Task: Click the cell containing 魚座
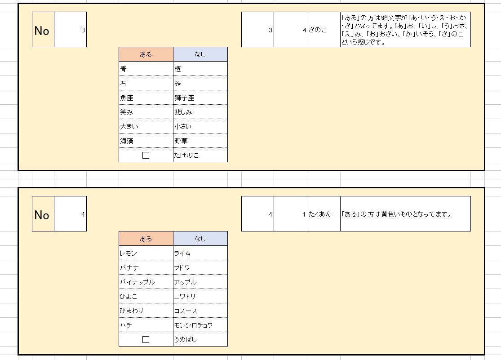146,98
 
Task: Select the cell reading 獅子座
200,98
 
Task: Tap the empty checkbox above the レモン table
146,155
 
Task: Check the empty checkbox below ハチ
146,339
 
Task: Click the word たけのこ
186,156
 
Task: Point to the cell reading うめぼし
200,339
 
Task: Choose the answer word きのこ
318,30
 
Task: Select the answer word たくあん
320,214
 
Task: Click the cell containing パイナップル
146,282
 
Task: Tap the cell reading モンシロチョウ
200,325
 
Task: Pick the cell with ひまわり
146,311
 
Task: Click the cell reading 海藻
146,141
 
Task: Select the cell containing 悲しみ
200,112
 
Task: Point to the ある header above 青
146,54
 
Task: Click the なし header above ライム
200,239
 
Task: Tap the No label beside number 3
42,31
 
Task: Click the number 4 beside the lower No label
83,214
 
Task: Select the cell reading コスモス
200,311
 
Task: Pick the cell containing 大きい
146,126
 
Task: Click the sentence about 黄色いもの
396,214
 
